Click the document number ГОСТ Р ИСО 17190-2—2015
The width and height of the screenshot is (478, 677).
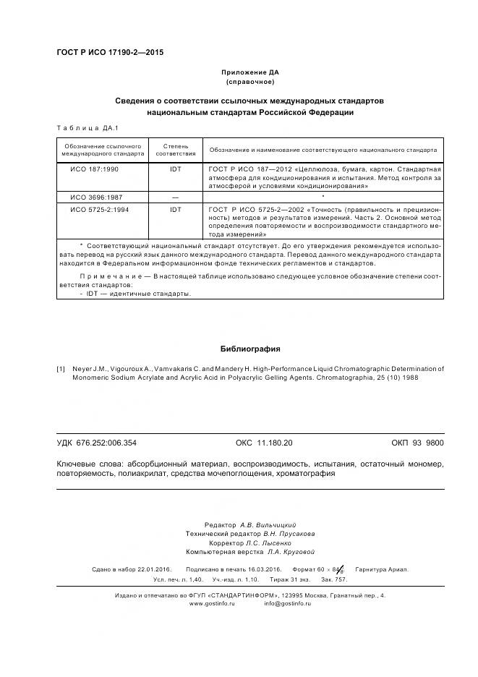(x=109, y=53)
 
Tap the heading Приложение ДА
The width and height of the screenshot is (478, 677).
(x=249, y=73)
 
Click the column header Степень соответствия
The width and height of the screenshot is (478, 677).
(x=176, y=150)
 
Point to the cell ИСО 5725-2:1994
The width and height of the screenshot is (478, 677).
(x=99, y=209)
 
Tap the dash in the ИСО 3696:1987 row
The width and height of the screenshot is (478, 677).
(x=176, y=197)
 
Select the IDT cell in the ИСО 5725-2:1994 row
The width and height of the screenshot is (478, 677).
(x=176, y=209)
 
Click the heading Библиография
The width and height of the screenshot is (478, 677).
(x=250, y=349)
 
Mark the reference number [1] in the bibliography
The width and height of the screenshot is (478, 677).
(x=61, y=369)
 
